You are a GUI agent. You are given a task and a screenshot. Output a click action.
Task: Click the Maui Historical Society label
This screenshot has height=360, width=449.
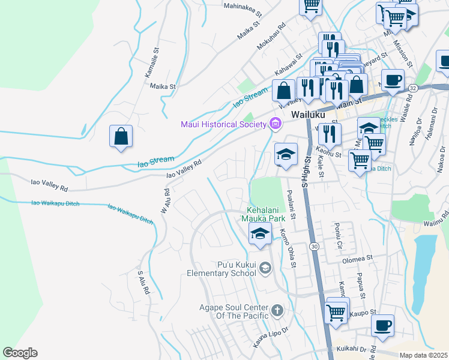[223, 125]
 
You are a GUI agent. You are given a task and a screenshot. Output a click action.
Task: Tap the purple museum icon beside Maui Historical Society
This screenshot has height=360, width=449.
[275, 124]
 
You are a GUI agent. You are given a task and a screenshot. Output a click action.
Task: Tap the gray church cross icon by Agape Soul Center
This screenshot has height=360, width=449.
[276, 310]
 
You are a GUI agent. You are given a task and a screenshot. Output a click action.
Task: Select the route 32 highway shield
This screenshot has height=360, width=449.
[412, 88]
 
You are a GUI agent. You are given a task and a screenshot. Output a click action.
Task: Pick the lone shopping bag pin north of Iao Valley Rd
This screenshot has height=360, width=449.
[121, 136]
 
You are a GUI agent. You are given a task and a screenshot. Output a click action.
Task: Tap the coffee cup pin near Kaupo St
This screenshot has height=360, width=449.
[382, 326]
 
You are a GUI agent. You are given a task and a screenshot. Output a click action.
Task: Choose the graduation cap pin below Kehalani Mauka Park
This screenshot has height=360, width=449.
[259, 234]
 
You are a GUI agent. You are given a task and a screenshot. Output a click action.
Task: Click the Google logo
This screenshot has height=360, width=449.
[20, 353]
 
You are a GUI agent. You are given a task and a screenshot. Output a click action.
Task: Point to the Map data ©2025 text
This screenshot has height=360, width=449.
[423, 355]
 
